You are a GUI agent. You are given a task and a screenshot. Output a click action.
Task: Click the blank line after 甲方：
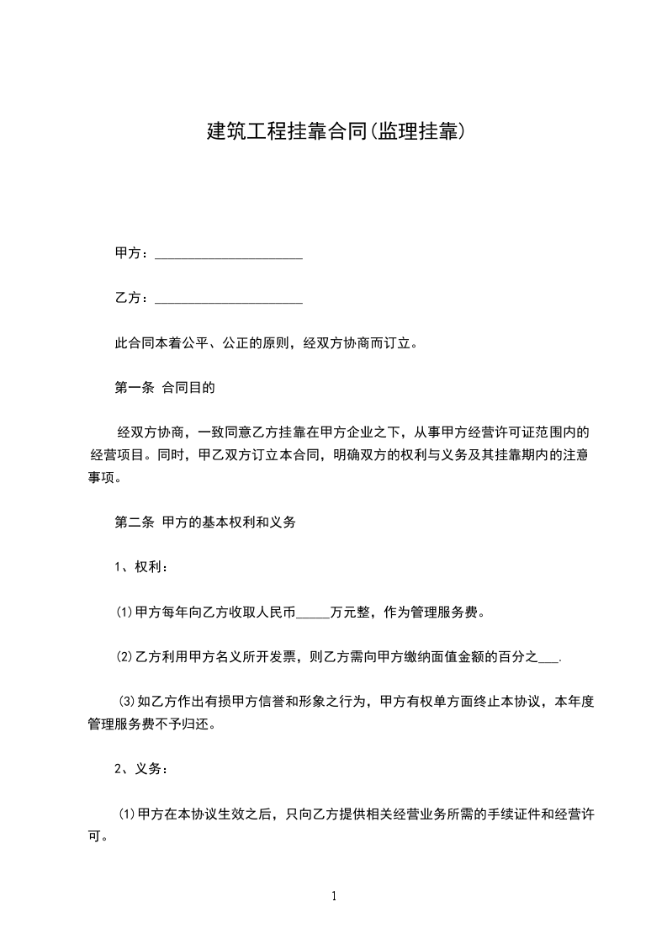tap(229, 254)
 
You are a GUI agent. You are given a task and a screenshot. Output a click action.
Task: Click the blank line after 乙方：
tap(229, 299)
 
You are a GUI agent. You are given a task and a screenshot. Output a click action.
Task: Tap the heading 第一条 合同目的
tap(165, 388)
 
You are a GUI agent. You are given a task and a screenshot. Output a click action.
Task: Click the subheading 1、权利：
tap(141, 567)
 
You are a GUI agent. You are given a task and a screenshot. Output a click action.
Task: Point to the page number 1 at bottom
tap(334, 897)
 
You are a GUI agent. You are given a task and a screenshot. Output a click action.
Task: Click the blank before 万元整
tap(314, 613)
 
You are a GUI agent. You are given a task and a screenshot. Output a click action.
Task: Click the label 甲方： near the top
tap(132, 253)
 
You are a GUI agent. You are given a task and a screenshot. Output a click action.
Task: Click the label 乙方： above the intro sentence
tap(132, 298)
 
